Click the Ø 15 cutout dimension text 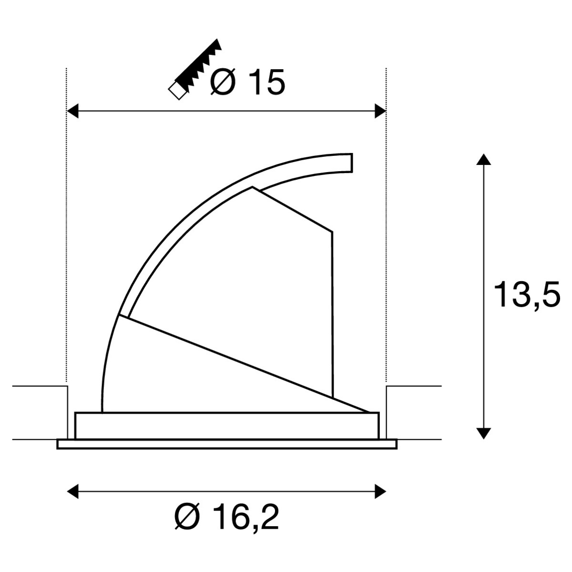pos(247,82)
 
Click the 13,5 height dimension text pos(527,295)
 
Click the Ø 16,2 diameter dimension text pos(227,517)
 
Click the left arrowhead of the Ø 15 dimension pos(72,111)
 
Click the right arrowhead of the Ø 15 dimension pos(380,111)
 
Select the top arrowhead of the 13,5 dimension pos(483,159)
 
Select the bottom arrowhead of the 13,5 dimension pos(483,434)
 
